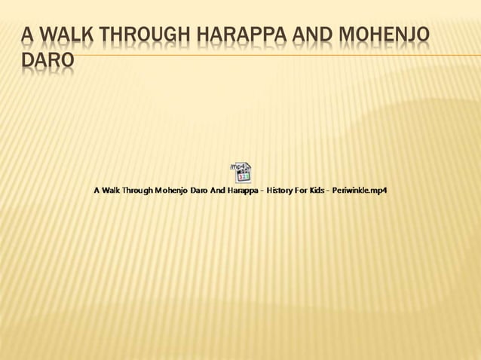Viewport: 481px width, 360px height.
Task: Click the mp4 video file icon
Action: [240, 172]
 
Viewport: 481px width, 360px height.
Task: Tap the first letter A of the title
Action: [27, 35]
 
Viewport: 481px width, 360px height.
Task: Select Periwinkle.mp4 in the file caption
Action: [359, 191]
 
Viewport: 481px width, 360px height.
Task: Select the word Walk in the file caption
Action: [111, 191]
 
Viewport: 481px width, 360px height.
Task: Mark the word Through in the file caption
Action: [138, 191]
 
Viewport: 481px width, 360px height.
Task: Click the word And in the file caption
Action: [216, 191]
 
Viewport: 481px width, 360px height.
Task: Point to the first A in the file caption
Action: [97, 191]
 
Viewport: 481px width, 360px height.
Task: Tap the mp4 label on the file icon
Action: [237, 166]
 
